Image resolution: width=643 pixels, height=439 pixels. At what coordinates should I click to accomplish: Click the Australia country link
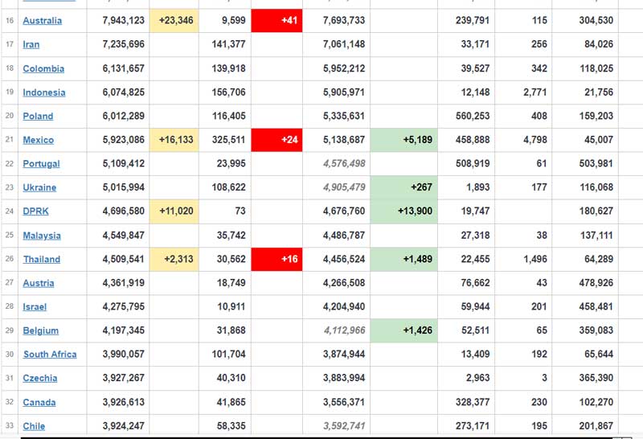(x=42, y=21)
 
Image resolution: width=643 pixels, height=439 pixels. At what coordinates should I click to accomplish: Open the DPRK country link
(x=37, y=211)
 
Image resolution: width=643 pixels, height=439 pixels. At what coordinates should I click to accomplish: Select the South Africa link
(x=50, y=355)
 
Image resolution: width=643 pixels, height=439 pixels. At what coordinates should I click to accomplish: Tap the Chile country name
(x=34, y=426)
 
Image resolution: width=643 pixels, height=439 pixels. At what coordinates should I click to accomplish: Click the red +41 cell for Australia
(x=276, y=21)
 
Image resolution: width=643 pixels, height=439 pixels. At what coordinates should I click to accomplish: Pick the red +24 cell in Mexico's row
(x=276, y=140)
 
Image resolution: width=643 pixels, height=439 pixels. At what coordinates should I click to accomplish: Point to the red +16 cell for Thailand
(x=276, y=259)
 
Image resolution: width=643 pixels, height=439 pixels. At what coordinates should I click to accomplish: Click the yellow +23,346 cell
(x=174, y=21)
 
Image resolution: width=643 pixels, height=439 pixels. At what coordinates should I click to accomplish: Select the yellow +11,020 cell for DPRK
(x=174, y=211)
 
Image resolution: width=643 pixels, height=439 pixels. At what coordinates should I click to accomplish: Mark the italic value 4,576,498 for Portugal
(x=344, y=164)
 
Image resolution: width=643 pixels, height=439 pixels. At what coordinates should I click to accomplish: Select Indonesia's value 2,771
(x=534, y=92)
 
